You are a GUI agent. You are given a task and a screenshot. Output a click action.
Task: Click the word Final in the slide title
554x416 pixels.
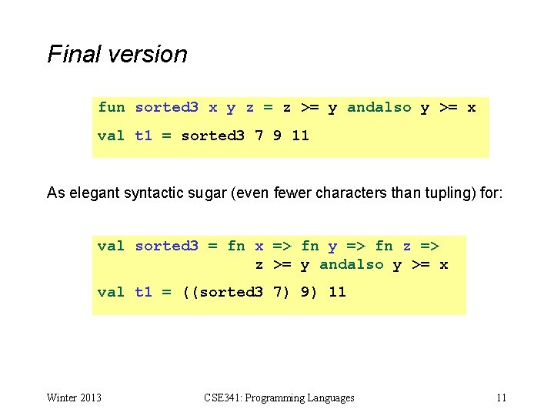pyautogui.click(x=72, y=54)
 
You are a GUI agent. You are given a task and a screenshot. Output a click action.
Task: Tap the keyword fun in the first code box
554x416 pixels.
pyautogui.click(x=111, y=107)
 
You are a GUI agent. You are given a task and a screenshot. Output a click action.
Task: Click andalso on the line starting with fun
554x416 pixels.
pyautogui.click(x=379, y=107)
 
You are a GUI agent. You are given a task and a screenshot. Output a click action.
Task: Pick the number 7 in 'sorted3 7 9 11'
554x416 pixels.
pyautogui.click(x=259, y=135)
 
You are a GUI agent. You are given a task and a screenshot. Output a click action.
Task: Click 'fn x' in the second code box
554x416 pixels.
pyautogui.click(x=245, y=246)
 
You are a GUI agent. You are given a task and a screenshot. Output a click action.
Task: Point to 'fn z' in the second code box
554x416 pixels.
pyautogui.click(x=393, y=246)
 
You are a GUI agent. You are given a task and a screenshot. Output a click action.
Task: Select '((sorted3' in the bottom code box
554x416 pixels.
pyautogui.click(x=222, y=291)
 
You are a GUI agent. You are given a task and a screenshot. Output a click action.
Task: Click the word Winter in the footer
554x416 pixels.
pyautogui.click(x=62, y=398)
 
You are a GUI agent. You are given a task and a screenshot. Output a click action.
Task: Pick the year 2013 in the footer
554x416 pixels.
pyautogui.click(x=91, y=398)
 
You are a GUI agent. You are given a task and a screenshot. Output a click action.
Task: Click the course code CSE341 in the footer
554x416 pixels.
pyautogui.click(x=222, y=398)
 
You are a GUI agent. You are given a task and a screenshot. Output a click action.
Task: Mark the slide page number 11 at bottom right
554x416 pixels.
pyautogui.click(x=501, y=398)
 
